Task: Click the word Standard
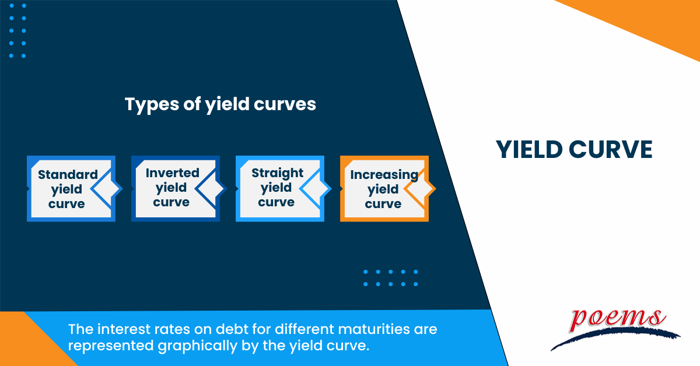coord(68,174)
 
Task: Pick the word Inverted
coord(172,173)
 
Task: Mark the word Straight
coord(277,173)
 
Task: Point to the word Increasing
coord(384,174)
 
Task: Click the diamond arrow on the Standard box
coord(107,188)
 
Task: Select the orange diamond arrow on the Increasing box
coord(420,188)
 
